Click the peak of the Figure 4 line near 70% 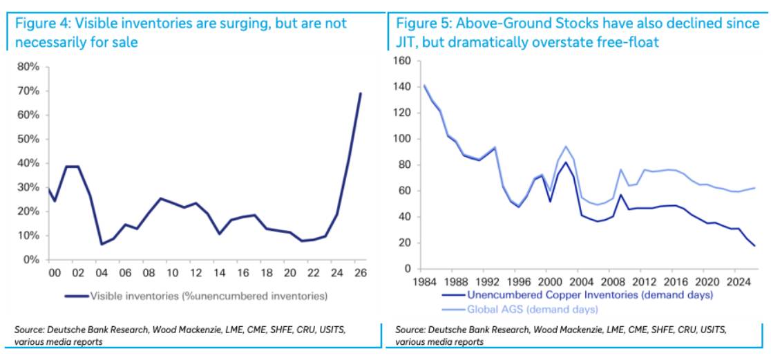pos(361,93)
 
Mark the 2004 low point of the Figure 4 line pos(101,244)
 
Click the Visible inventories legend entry pos(196,296)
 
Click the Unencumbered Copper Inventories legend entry pos(577,296)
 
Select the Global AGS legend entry pos(520,310)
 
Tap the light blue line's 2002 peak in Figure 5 pos(566,146)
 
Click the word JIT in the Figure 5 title pos(406,43)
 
